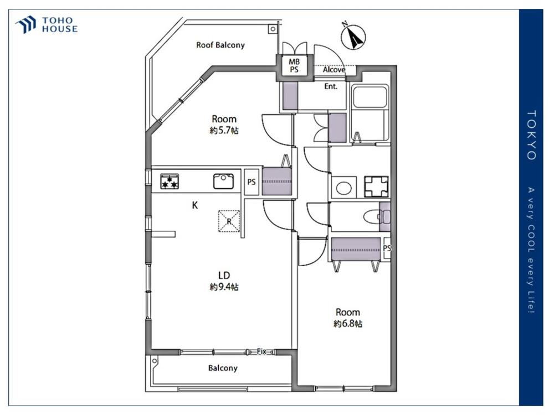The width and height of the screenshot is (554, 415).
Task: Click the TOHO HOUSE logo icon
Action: click(25, 24)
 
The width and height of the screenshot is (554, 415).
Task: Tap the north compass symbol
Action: click(353, 37)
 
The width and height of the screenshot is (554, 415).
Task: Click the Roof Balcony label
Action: click(220, 45)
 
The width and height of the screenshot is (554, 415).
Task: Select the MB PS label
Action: click(294, 66)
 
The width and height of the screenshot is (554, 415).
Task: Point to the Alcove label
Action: click(334, 70)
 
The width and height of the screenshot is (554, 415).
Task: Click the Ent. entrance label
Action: click(331, 86)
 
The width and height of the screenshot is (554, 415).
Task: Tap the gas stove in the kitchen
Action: click(170, 181)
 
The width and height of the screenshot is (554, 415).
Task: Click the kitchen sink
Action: click(223, 181)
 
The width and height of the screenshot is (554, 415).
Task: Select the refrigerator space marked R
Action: click(229, 221)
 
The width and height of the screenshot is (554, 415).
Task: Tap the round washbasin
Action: click(343, 188)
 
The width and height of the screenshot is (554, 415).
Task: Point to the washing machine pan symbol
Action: click(376, 186)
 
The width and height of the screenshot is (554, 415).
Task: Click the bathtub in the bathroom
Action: click(370, 96)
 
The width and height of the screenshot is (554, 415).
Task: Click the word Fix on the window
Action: click(261, 351)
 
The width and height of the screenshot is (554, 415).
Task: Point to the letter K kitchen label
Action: click(194, 205)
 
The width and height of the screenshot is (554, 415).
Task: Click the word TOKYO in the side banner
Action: click(532, 135)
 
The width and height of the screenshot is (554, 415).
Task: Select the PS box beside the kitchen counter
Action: click(251, 182)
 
